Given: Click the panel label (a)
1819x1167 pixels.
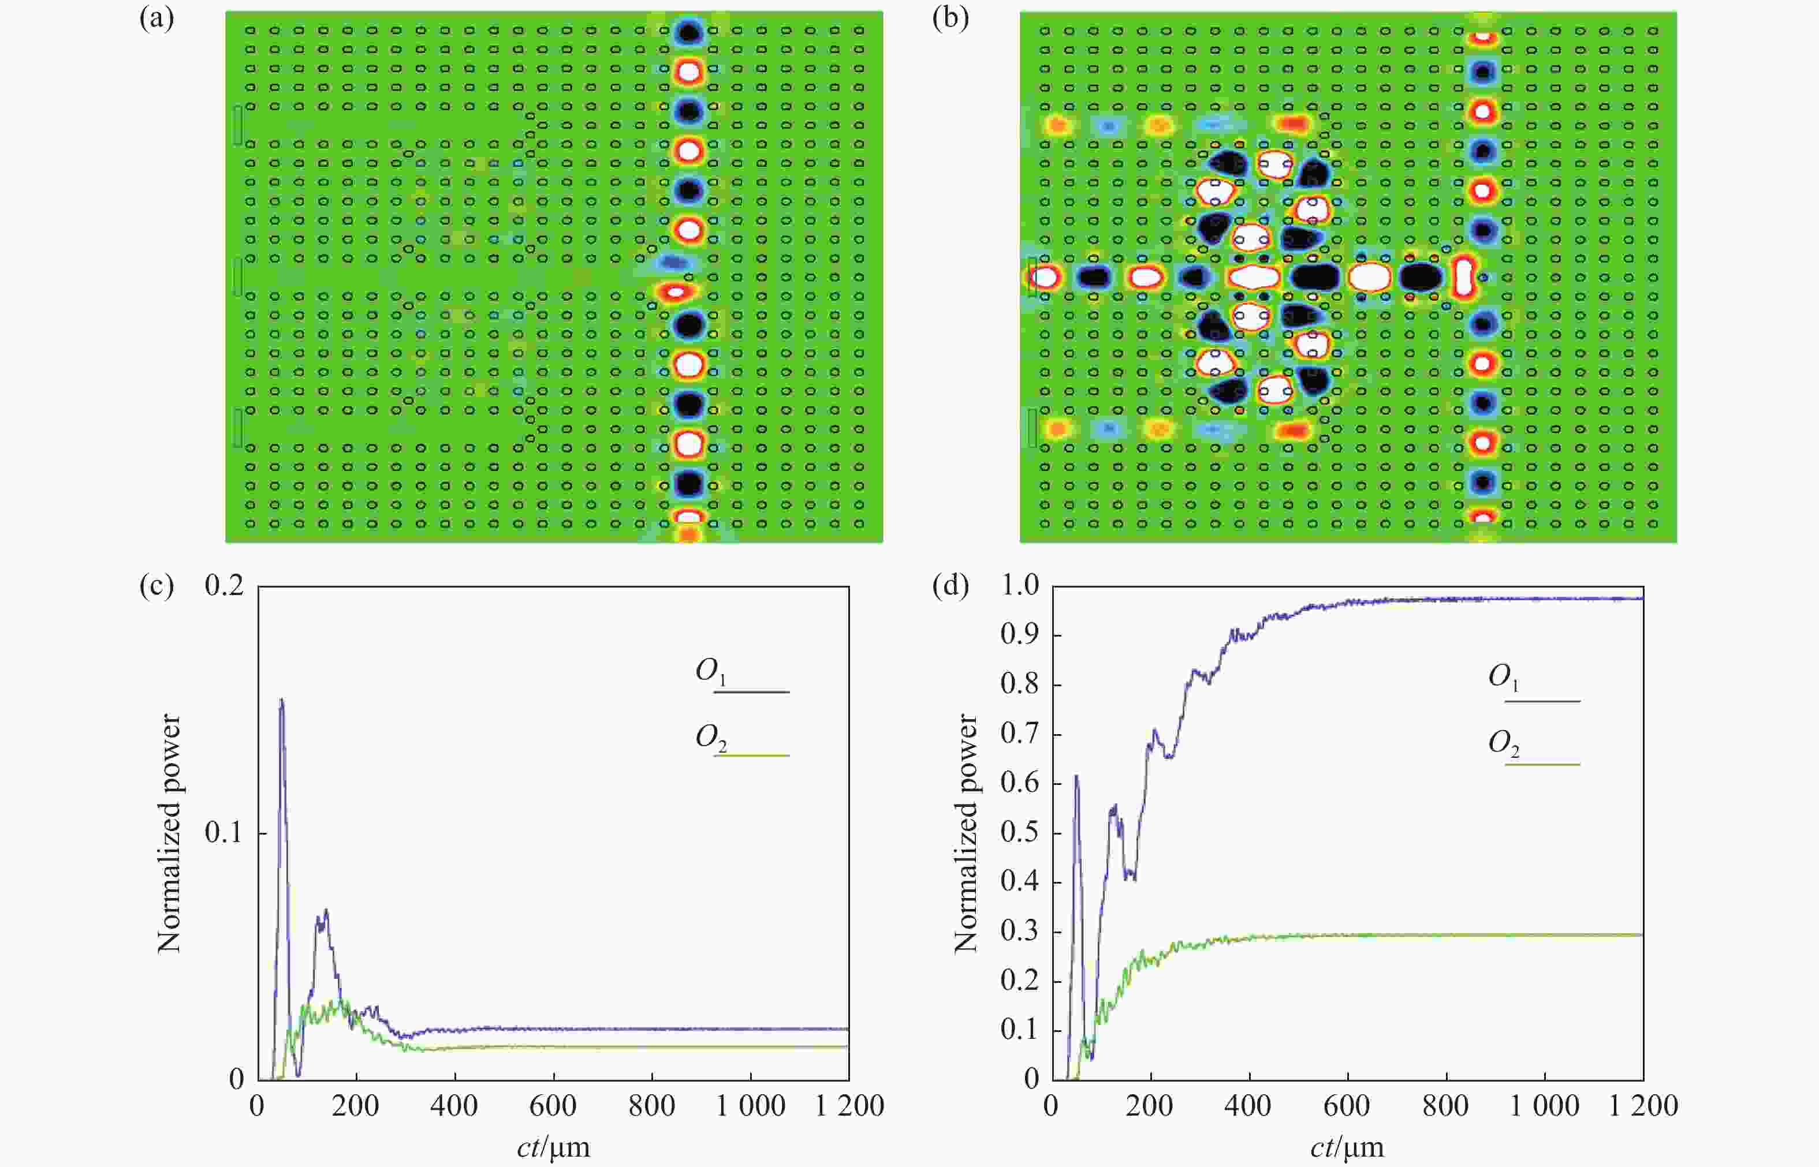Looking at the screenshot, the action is (x=157, y=19).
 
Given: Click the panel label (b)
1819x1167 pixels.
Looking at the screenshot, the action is (x=951, y=19).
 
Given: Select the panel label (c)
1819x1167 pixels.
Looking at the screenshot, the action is (x=157, y=586).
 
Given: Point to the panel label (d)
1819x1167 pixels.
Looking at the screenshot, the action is (x=951, y=586).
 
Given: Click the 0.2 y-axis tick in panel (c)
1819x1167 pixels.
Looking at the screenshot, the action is (x=225, y=586).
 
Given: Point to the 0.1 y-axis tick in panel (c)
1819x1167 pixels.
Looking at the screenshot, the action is (x=225, y=833).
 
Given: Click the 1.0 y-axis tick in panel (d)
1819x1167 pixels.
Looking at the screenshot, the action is (x=1020, y=586).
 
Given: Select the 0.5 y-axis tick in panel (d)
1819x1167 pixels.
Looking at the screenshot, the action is (x=1020, y=832).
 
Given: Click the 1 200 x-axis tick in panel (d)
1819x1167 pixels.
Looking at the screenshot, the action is (x=1643, y=1106).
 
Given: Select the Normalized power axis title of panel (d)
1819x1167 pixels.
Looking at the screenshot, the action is (x=966, y=833).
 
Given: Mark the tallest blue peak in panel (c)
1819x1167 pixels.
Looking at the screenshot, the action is (x=281, y=700).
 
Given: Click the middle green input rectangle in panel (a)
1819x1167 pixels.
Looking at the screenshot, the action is (x=238, y=276).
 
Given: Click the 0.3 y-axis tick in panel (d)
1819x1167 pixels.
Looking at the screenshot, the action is (x=1020, y=932).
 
